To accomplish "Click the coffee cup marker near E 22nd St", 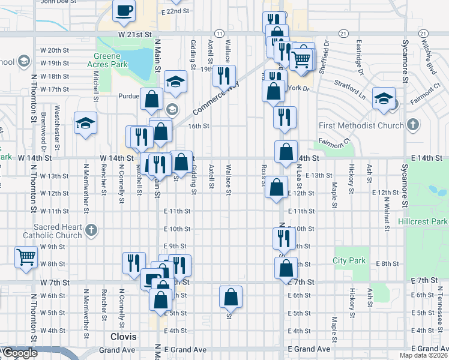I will click(124, 11).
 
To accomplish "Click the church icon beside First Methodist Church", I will click(412, 125).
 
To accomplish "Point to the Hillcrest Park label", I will click(423, 221).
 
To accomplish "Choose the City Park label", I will click(349, 260).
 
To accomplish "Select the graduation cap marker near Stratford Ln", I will click(383, 99).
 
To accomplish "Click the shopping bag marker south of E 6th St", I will click(231, 296).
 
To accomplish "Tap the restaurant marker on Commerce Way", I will click(224, 76).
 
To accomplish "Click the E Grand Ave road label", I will click(309, 349).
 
